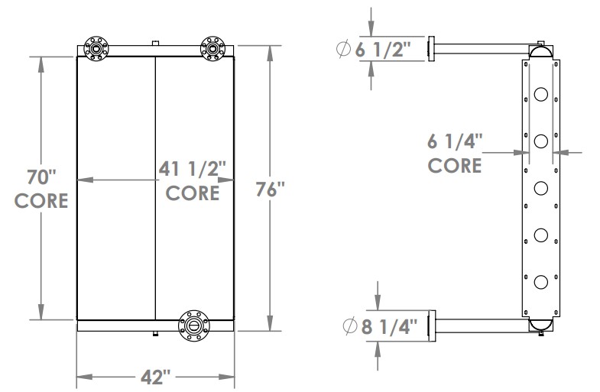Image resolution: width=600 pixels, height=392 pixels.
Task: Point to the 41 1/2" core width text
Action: coord(193,168)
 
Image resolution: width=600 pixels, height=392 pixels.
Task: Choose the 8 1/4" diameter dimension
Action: coord(391,327)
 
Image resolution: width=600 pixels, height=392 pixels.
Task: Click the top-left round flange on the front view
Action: coord(97,47)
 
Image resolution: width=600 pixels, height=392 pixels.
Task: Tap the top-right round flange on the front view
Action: coord(211,47)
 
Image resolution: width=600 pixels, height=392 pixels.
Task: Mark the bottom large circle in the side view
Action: coord(541,282)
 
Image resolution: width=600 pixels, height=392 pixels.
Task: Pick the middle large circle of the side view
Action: coord(541,188)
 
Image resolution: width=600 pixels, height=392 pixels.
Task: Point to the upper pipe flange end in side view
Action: coord(432,50)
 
